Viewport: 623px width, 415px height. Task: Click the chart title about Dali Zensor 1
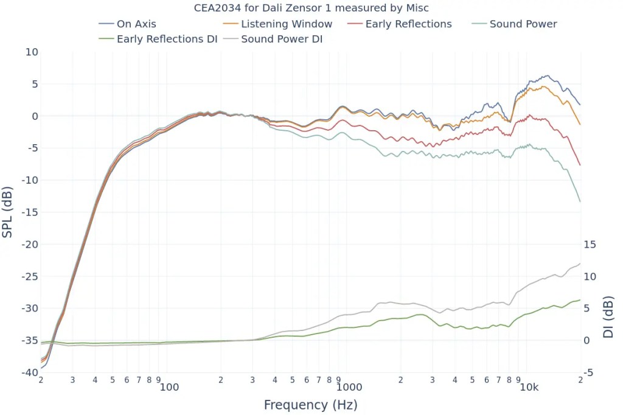311,8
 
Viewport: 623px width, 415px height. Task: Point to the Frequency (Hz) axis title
310,405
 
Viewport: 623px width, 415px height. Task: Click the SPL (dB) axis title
8,212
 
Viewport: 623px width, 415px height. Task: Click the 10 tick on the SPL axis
32,52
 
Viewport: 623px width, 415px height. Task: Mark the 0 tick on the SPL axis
35,116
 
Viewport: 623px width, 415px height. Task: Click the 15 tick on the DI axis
590,245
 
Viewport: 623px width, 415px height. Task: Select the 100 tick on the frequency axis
169,388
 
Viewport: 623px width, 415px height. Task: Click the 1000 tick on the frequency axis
349,388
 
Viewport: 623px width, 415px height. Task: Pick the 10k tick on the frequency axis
529,388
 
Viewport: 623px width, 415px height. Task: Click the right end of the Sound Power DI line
580,263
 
